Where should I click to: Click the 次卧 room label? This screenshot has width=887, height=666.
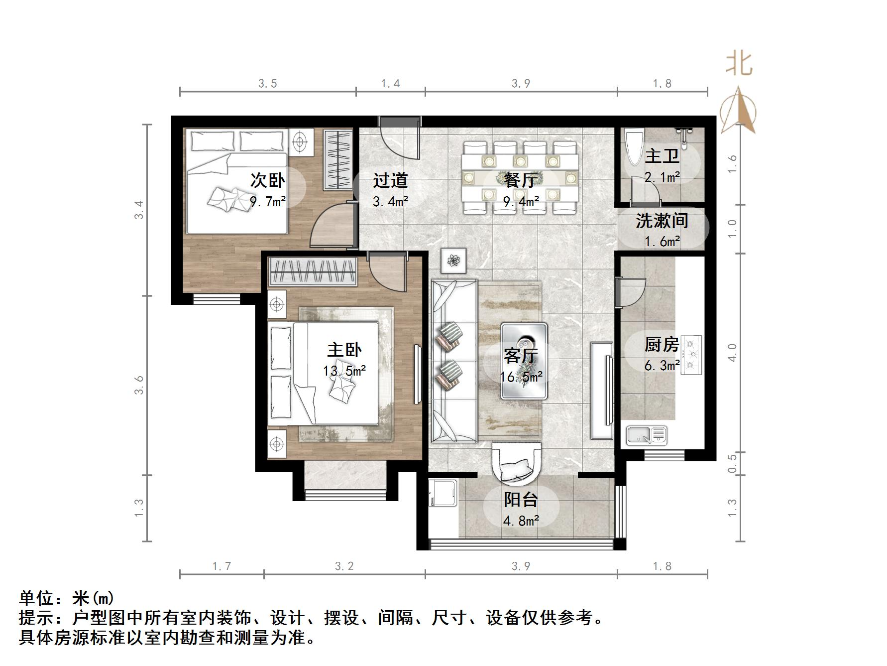tap(268, 180)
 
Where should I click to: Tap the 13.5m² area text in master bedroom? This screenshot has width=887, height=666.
tap(344, 371)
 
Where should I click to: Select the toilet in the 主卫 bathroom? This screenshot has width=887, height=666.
tap(634, 147)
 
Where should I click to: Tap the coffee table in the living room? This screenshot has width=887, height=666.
tap(524, 361)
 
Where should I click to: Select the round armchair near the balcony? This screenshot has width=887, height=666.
tap(516, 463)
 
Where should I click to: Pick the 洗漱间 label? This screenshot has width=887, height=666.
tap(662, 221)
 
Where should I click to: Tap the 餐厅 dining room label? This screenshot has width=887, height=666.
tap(521, 180)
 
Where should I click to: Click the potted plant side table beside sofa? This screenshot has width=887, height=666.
tap(453, 260)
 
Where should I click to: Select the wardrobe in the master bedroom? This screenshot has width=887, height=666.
tap(313, 271)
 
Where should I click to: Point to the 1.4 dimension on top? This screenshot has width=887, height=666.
tap(391, 83)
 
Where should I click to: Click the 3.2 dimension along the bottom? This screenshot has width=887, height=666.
tap(344, 566)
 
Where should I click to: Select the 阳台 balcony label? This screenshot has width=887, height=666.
tap(521, 500)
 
